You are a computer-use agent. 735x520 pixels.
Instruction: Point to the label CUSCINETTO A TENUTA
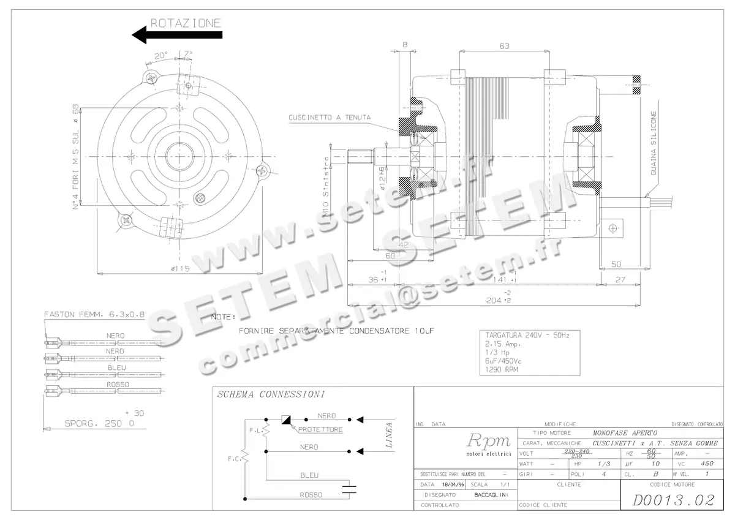[329, 117]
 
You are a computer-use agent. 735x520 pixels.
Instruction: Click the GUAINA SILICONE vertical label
[654, 144]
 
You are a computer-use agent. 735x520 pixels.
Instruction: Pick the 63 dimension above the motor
[505, 45]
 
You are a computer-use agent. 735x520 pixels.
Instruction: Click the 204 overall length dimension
[494, 300]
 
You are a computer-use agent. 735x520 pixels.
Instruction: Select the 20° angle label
[160, 55]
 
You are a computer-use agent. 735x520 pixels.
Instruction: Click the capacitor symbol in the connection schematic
[349, 488]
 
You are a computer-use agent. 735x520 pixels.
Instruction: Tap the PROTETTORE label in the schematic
[320, 430]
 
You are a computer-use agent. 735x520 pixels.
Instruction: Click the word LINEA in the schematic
[388, 435]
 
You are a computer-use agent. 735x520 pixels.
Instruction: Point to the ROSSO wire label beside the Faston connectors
[116, 385]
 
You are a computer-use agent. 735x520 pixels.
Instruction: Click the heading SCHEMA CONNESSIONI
[271, 394]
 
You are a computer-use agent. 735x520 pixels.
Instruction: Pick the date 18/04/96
[454, 484]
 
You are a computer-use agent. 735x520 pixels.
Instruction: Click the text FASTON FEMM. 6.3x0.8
[94, 314]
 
